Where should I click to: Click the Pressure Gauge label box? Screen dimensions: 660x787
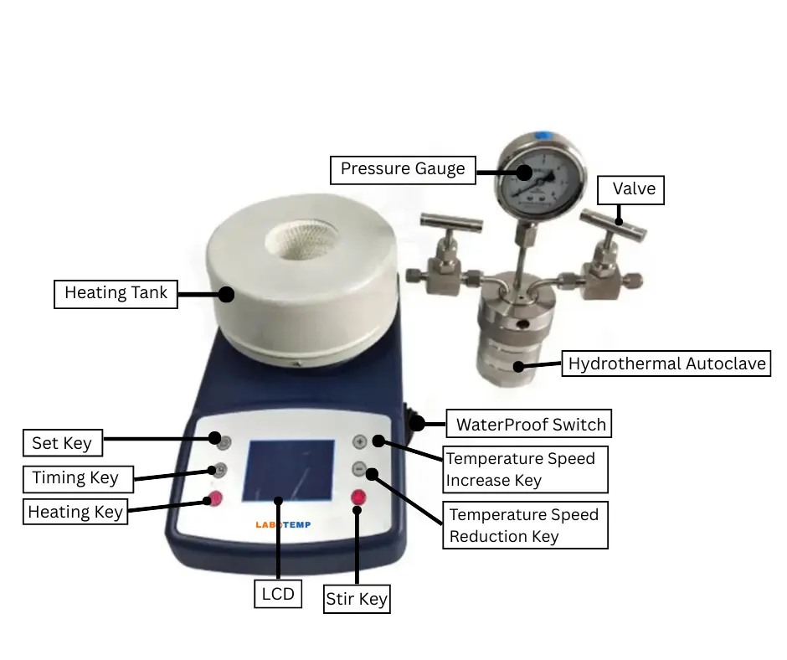coord(403,169)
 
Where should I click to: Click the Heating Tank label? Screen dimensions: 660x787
coord(116,293)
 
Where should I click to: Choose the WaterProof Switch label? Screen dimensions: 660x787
coord(530,424)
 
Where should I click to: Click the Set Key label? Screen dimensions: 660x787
coord(61,442)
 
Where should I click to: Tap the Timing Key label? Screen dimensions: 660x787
coord(75,478)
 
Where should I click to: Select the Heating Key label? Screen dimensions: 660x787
coord(75,511)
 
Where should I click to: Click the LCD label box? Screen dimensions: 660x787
coord(277,594)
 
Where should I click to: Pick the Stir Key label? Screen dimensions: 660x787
coord(357,600)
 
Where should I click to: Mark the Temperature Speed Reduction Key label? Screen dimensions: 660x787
coord(525,525)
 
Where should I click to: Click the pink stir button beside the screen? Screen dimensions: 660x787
coord(358,498)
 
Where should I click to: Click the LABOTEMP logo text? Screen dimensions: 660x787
coord(283,524)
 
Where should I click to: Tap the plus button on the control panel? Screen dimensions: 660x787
coord(359,441)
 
